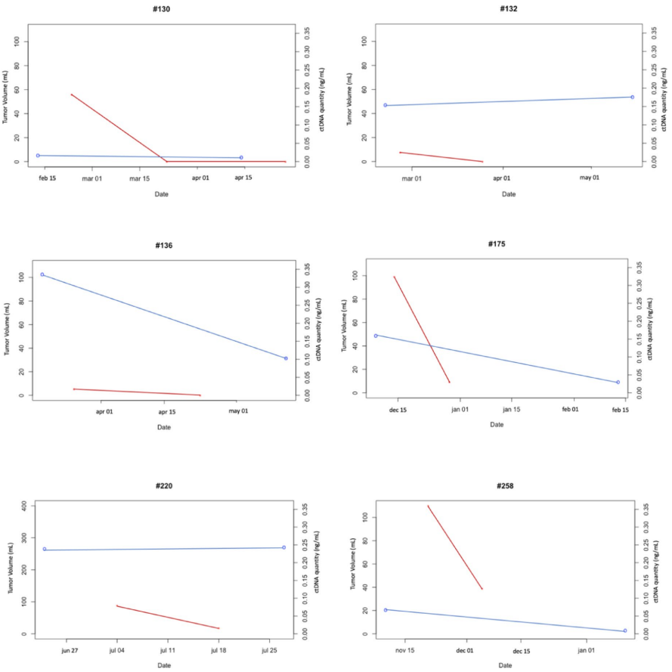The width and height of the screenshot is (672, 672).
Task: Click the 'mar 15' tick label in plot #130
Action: tap(139, 178)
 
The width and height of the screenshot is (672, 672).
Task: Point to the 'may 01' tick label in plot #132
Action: tap(590, 178)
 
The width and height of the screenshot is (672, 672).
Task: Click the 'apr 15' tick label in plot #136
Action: tap(168, 412)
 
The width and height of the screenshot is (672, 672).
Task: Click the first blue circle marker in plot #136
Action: tap(42, 274)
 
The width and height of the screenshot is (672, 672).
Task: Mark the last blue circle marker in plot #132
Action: tap(632, 97)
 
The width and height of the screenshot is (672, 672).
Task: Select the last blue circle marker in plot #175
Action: tap(618, 382)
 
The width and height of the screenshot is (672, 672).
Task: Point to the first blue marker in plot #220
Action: tap(45, 550)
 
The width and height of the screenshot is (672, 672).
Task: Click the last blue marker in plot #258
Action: tap(624, 630)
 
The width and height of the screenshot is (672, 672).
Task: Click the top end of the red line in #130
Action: tap(71, 94)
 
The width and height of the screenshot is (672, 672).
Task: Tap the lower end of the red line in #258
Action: tap(482, 589)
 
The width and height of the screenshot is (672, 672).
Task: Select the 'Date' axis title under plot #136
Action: tap(164, 428)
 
